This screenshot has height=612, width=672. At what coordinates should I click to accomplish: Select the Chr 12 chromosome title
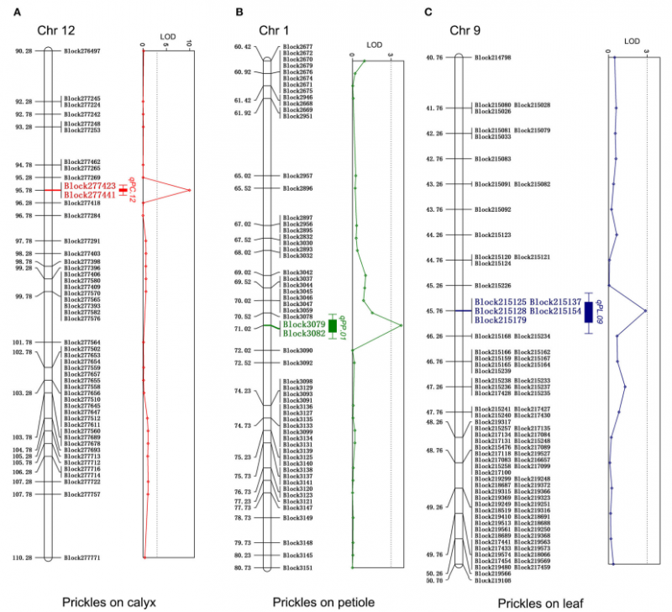point(56,31)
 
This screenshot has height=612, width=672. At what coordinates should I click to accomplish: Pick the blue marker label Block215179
point(501,319)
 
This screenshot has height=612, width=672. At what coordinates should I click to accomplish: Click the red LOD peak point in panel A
point(190,190)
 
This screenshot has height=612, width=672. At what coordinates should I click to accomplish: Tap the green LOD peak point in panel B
point(402,325)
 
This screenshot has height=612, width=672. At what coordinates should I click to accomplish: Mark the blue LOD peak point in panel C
point(645,310)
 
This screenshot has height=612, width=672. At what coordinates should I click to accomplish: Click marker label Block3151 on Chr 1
point(298,568)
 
